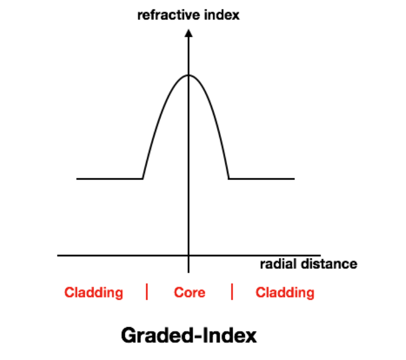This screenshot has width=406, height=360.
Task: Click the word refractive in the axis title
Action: pyautogui.click(x=168, y=15)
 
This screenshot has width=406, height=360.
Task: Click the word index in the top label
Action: pyautogui.click(x=222, y=15)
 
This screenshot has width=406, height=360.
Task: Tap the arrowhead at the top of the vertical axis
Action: pyautogui.click(x=188, y=33)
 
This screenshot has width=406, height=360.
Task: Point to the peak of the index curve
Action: pyautogui.click(x=188, y=75)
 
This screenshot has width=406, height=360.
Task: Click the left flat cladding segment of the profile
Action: pyautogui.click(x=109, y=178)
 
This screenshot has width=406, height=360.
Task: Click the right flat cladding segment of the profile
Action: pyautogui.click(x=262, y=178)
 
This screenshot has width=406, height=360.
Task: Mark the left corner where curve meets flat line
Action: pyautogui.click(x=143, y=178)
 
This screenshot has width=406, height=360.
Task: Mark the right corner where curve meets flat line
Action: pyautogui.click(x=229, y=178)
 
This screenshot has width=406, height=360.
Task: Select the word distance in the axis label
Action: pyautogui.click(x=329, y=264)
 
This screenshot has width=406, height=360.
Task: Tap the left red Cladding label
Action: pyautogui.click(x=94, y=293)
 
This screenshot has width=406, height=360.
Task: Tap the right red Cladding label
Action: pyautogui.click(x=285, y=293)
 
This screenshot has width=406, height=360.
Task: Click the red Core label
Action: pyautogui.click(x=190, y=293)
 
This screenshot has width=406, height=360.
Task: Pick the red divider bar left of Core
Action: pyautogui.click(x=147, y=291)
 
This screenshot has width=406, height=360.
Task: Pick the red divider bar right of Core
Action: pyautogui.click(x=232, y=291)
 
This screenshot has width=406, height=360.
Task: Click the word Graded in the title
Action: pyautogui.click(x=157, y=335)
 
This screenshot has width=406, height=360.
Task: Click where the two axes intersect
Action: pyautogui.click(x=188, y=255)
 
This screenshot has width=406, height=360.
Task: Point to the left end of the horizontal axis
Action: pyautogui.click(x=57, y=255)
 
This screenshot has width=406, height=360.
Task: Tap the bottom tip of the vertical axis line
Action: pyautogui.click(x=188, y=273)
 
